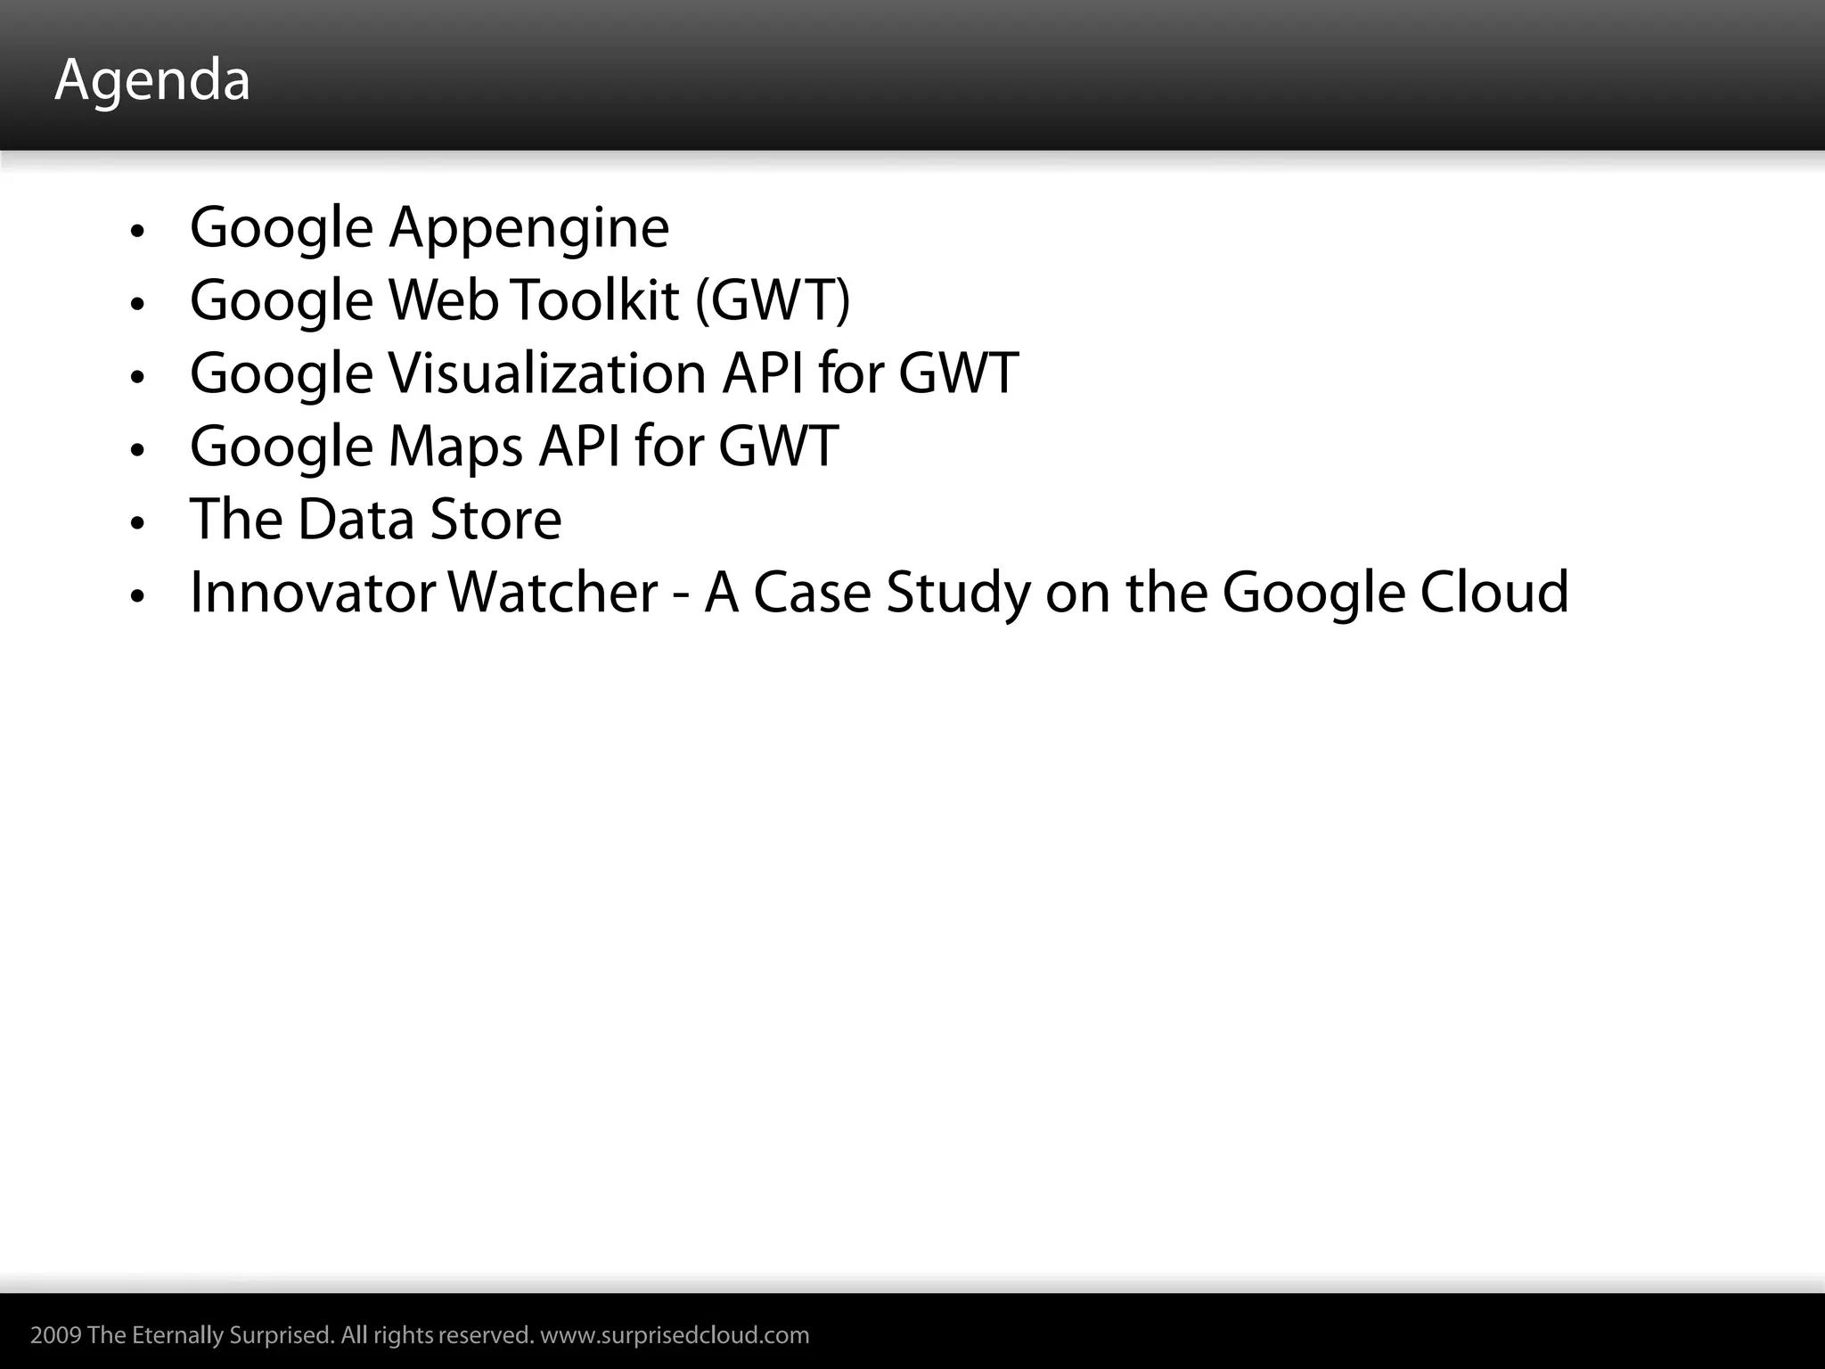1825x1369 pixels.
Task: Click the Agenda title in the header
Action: [152, 80]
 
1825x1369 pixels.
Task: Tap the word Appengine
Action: [528, 228]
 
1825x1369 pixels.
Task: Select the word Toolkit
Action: [595, 300]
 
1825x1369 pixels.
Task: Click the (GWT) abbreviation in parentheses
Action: [773, 300]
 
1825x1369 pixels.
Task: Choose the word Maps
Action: [455, 447]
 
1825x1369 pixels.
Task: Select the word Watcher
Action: [552, 593]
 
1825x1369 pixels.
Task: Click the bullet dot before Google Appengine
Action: [136, 232]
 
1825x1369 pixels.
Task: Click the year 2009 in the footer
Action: [56, 1335]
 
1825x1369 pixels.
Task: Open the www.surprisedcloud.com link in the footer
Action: [675, 1335]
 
